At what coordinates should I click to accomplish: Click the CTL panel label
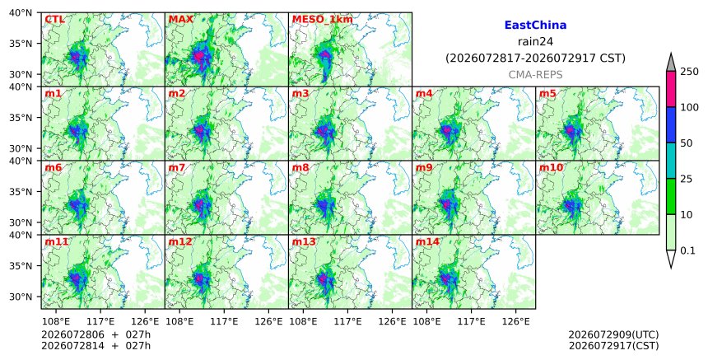[x=54, y=20]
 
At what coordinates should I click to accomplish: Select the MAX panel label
[x=180, y=20]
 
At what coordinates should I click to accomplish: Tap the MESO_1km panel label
[x=323, y=20]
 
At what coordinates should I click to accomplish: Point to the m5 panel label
[x=548, y=93]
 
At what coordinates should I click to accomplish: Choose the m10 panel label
[x=551, y=167]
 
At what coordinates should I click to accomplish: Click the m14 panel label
[x=427, y=241]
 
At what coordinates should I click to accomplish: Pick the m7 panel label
[x=176, y=167]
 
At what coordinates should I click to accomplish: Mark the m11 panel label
[x=56, y=241]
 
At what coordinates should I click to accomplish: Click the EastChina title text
[x=535, y=26]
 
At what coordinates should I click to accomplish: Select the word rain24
[x=535, y=42]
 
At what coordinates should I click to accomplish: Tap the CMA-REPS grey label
[x=535, y=75]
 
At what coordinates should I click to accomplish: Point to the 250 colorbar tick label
[x=689, y=72]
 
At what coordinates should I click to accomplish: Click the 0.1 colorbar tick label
[x=687, y=250]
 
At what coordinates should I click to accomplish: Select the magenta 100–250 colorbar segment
[x=671, y=89]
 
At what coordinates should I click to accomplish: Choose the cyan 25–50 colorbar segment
[x=671, y=161]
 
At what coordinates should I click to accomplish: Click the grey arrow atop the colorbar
[x=671, y=63]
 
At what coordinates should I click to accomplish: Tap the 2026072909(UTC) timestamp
[x=613, y=335]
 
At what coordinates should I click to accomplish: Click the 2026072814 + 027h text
[x=95, y=346]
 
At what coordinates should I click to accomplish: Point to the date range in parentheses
[x=535, y=58]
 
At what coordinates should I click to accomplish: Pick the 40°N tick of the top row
[x=21, y=12]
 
